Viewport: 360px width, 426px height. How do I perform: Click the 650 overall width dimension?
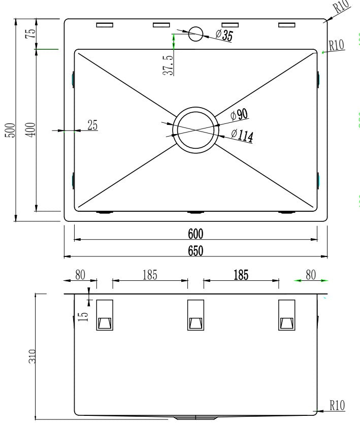click(195, 250)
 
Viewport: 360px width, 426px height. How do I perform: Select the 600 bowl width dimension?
click(195, 234)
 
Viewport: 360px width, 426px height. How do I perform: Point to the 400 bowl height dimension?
click(30, 130)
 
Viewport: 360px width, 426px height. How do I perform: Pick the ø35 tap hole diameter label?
click(224, 35)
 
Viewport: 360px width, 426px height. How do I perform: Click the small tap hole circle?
click(195, 34)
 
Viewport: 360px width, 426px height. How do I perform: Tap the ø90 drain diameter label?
click(239, 115)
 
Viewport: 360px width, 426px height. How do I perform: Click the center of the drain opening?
click(196, 129)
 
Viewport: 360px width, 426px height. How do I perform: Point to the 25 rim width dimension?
click(92, 125)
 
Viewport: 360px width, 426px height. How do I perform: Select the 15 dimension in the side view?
click(84, 314)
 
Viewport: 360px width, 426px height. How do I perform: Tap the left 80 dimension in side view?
click(80, 275)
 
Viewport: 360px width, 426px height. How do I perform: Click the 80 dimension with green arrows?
click(310, 275)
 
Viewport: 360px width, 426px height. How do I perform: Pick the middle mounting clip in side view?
click(195, 315)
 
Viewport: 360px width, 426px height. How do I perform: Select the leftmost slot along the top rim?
click(105, 25)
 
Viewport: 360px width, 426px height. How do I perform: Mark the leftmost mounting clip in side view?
click(105, 315)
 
